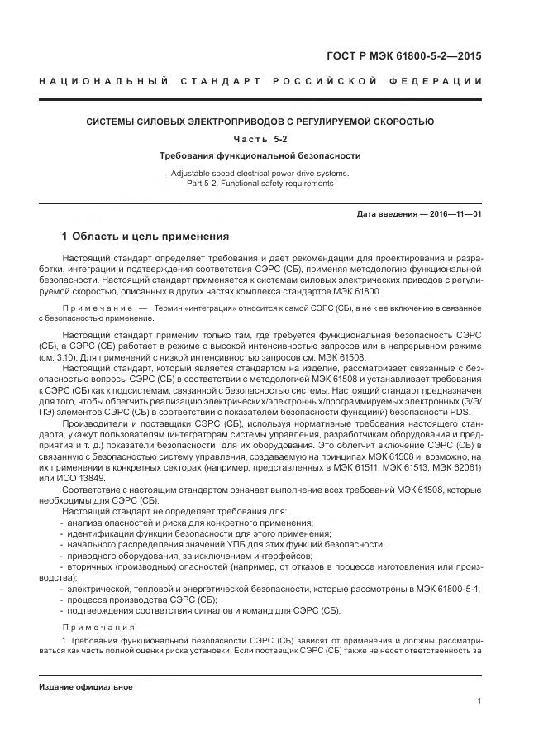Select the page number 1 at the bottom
pyautogui.click(x=480, y=701)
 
